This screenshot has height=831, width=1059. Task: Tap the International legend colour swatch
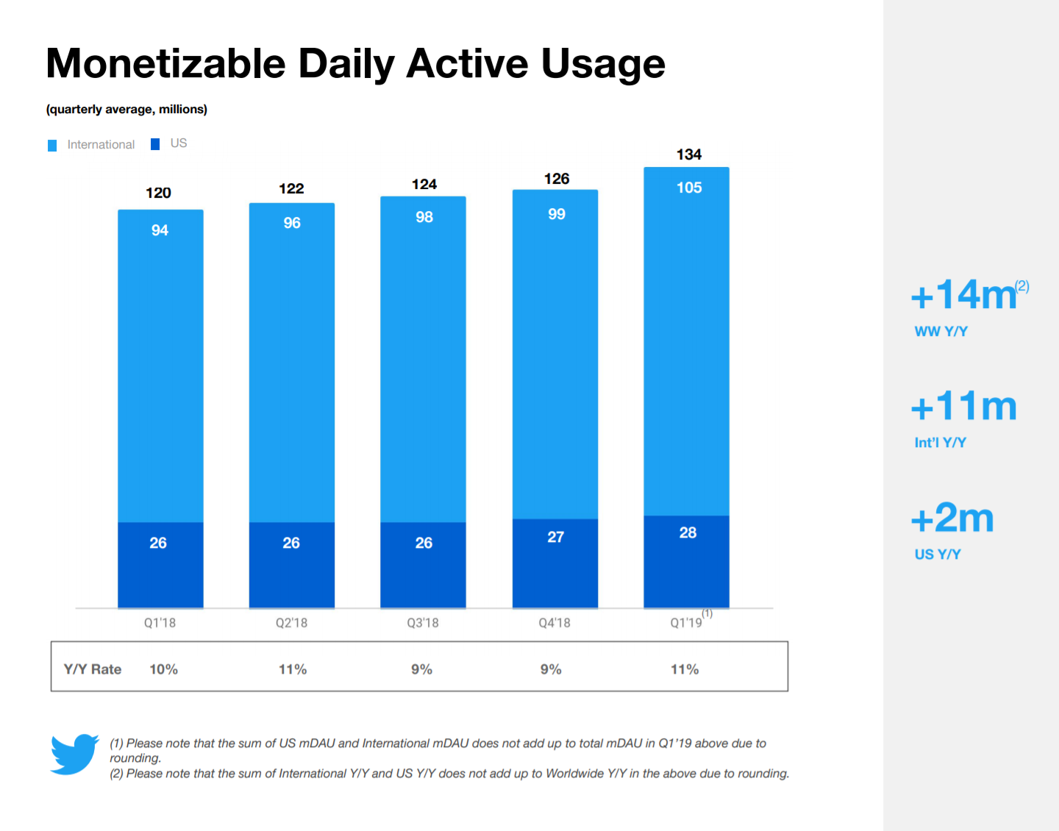52,146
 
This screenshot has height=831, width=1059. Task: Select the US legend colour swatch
155,144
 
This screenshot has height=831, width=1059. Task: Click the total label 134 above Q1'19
688,154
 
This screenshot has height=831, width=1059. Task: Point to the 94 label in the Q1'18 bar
160,230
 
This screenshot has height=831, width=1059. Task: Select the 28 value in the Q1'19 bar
688,532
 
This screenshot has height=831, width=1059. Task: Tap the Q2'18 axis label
291,623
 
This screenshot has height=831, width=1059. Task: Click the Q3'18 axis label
423,623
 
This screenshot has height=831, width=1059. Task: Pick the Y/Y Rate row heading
93,669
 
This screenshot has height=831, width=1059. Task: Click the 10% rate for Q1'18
163,669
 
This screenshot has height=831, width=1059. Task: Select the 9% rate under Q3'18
421,669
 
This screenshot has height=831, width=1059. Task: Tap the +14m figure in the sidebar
963,295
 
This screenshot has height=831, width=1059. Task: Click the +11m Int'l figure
963,407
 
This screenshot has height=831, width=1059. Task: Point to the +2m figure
952,518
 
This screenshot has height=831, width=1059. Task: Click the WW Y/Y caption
941,332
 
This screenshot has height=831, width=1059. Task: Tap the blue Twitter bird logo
74,754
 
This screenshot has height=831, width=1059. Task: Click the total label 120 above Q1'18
158,193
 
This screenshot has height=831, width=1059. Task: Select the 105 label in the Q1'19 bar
689,188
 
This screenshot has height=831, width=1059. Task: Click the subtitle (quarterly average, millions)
126,110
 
